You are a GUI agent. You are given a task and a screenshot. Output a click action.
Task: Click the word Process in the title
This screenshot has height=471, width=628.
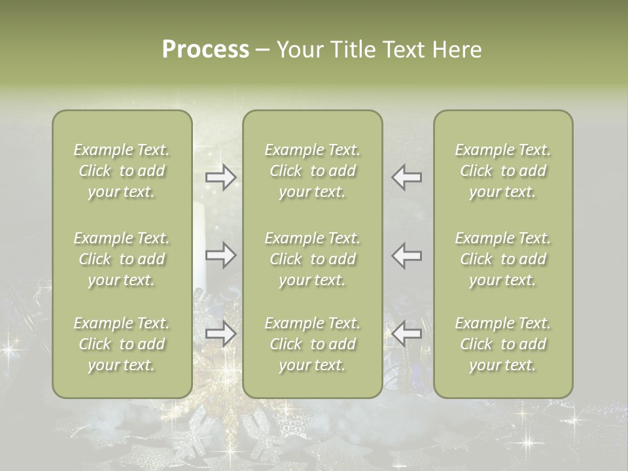point(205,50)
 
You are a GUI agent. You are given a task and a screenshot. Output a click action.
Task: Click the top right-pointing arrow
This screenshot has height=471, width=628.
point(221,177)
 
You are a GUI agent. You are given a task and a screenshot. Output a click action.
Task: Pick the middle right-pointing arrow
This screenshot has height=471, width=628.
point(221,255)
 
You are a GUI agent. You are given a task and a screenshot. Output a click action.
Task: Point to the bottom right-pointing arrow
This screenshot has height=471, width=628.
point(221,334)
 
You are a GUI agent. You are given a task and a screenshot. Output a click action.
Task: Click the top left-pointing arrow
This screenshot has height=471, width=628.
point(407,177)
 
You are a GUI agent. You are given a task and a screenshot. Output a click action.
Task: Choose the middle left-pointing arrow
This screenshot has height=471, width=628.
point(407,255)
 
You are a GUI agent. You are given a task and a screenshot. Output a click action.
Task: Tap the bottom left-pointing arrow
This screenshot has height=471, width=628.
point(407,334)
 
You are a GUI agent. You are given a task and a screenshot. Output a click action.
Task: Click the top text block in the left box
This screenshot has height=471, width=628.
point(122,171)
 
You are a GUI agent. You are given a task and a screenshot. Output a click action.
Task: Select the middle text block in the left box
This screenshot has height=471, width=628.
point(122,259)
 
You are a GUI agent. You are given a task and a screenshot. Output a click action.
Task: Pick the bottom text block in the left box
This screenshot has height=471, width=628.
point(122,344)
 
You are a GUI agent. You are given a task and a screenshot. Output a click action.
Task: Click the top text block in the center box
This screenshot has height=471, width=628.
point(313,171)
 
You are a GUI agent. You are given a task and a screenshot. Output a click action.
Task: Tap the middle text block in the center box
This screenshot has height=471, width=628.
point(313,259)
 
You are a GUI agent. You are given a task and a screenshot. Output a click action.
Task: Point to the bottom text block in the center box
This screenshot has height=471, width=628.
point(313,344)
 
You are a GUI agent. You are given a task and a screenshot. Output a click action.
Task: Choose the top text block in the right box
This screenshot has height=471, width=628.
point(503,171)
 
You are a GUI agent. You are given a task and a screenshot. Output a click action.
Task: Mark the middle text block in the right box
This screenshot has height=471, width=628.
point(503,259)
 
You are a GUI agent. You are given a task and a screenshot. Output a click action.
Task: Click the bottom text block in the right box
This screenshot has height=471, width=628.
point(503,344)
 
